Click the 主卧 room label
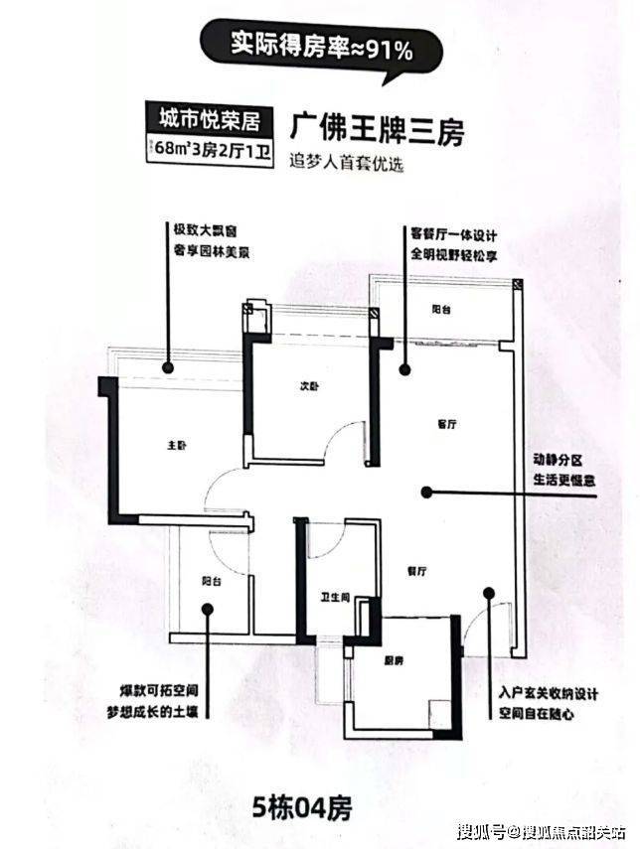(176, 446)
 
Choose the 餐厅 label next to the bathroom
(416, 572)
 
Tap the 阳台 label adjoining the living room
(441, 311)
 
